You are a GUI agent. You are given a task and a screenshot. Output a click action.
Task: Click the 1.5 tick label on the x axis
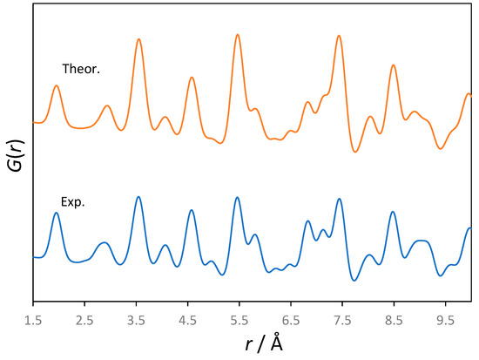coord(33,320)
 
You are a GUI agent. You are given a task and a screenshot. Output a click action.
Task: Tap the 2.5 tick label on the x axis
coord(84,320)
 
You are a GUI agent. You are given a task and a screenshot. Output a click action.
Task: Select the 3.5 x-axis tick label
coord(136,320)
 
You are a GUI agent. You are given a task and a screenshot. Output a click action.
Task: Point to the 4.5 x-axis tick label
coord(188,320)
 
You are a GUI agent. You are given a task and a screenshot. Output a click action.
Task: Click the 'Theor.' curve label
coord(81,68)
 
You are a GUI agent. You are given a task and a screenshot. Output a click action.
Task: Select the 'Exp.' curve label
coord(73,202)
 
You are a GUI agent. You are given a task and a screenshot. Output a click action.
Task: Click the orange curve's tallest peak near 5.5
coord(238,35)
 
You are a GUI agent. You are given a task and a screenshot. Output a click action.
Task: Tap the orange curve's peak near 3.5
coord(138,40)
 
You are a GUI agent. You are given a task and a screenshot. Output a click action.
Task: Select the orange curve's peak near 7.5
coord(339,36)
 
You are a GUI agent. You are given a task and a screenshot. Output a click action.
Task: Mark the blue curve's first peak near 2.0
coord(57,213)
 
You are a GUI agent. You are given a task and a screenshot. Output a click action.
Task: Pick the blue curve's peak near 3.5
coord(138,197)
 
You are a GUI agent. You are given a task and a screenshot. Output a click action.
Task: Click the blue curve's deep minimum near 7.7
coord(354,280)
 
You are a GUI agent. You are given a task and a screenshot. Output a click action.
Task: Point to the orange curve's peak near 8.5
coord(394,65)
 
